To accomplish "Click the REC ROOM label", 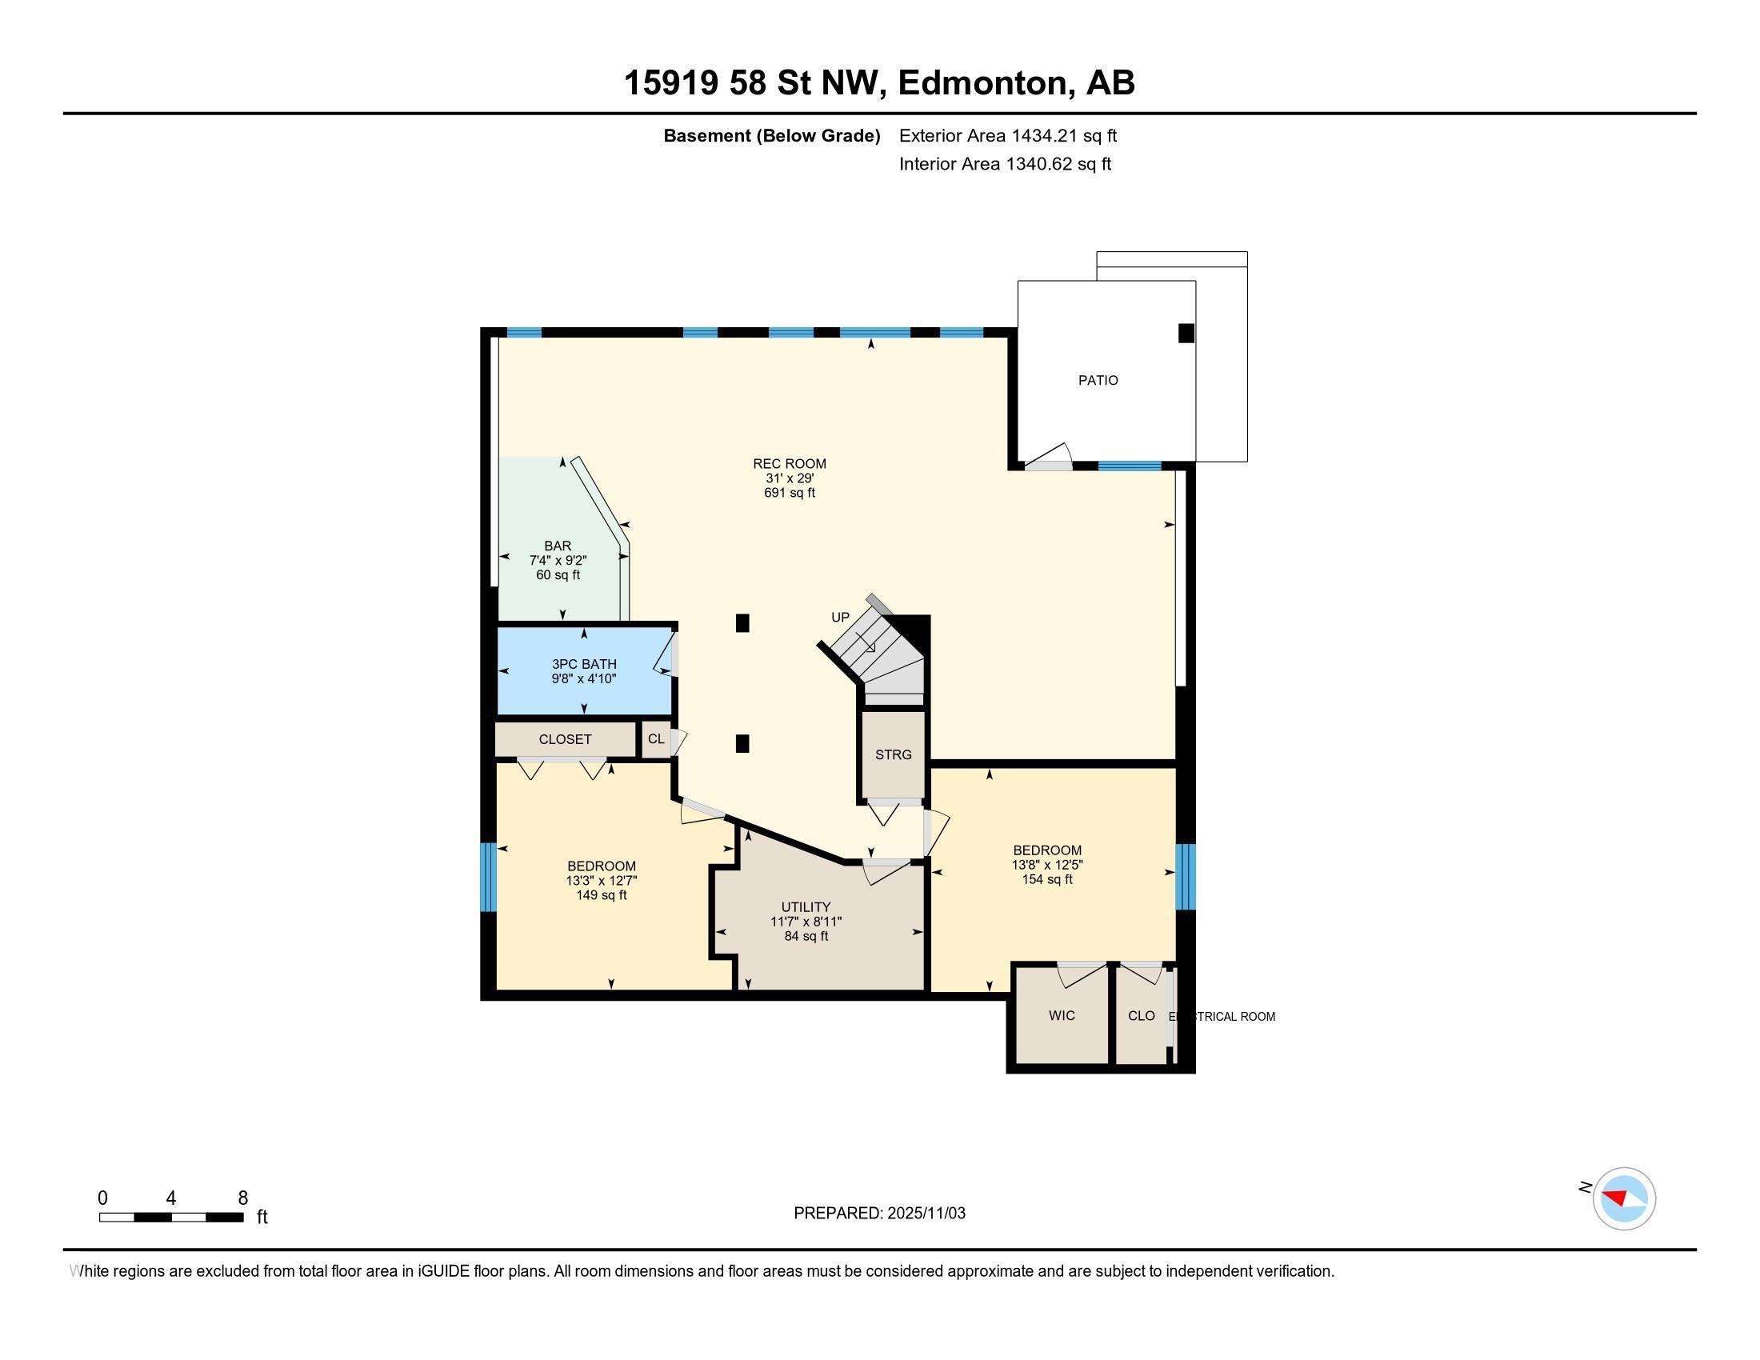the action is pyautogui.click(x=789, y=463).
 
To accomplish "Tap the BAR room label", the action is pyautogui.click(x=558, y=546).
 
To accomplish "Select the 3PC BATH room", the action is pyautogui.click(x=583, y=670).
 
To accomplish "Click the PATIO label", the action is pyautogui.click(x=1098, y=380).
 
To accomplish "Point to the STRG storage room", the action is pyautogui.click(x=893, y=755).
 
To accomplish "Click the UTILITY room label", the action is pyautogui.click(x=805, y=907).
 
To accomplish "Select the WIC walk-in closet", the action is pyautogui.click(x=1062, y=1016).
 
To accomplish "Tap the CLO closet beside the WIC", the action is pyautogui.click(x=1141, y=1016).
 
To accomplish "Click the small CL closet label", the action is pyautogui.click(x=656, y=739).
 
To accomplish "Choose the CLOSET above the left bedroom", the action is pyautogui.click(x=565, y=740).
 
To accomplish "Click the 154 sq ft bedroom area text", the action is pyautogui.click(x=1047, y=879).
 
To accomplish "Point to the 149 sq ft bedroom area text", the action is pyautogui.click(x=601, y=895).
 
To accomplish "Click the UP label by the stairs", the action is pyautogui.click(x=840, y=617).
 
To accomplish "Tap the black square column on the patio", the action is pyautogui.click(x=1186, y=333).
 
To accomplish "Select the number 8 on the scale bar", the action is pyautogui.click(x=242, y=1198).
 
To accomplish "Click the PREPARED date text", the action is pyautogui.click(x=879, y=1214).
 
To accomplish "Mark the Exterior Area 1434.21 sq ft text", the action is pyautogui.click(x=1007, y=136).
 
